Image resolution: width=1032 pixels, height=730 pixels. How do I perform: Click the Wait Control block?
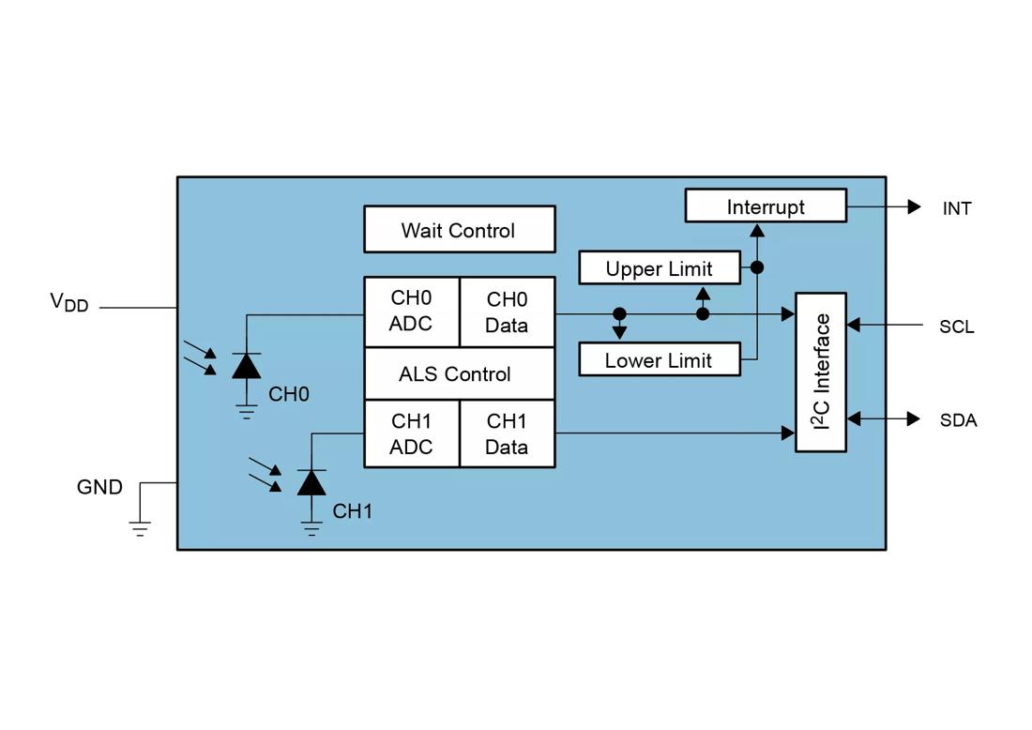click(x=459, y=230)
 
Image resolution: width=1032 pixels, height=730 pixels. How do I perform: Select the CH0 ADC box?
click(x=411, y=312)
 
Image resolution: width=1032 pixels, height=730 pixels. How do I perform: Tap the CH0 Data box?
click(x=507, y=312)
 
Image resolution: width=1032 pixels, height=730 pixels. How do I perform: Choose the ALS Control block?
click(x=459, y=373)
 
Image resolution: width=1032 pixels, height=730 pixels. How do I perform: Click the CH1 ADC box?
click(x=411, y=433)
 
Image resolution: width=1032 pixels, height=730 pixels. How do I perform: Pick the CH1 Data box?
click(x=507, y=433)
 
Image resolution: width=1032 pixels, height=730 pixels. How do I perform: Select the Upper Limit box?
click(x=659, y=268)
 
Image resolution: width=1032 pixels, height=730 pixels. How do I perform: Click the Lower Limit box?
click(x=659, y=360)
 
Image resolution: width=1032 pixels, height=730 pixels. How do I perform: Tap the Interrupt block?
click(x=766, y=206)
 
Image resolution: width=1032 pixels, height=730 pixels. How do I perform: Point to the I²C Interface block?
click(x=821, y=372)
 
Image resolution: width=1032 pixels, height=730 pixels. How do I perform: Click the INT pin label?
click(x=957, y=208)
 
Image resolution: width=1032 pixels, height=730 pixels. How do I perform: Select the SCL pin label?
click(x=957, y=327)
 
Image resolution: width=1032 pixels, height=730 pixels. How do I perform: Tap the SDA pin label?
click(x=958, y=420)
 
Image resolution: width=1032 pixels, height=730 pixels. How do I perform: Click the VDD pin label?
click(x=68, y=302)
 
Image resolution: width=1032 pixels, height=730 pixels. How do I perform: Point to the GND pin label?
click(x=99, y=487)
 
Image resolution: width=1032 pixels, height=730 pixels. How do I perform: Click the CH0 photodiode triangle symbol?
click(x=247, y=366)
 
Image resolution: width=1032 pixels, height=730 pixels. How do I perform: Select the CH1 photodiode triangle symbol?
click(x=311, y=482)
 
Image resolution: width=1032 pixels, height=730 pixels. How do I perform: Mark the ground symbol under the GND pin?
click(x=141, y=528)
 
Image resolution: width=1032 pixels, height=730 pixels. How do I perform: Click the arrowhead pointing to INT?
click(x=914, y=206)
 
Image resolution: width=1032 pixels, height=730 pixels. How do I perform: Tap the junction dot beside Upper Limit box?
click(x=757, y=267)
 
